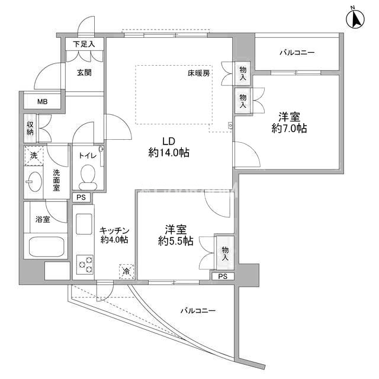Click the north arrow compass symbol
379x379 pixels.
(355, 20)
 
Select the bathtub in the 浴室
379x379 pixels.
(48, 247)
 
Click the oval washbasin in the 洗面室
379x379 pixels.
(34, 182)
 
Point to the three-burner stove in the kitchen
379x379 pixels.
(85, 264)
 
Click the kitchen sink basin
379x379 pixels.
(84, 224)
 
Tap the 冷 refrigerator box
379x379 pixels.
(126, 272)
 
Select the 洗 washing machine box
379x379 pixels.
(34, 156)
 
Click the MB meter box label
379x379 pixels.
(42, 102)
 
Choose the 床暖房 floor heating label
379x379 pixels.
(199, 73)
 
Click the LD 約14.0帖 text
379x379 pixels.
(169, 147)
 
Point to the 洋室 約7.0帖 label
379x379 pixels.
(289, 123)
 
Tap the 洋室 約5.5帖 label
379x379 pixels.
(176, 235)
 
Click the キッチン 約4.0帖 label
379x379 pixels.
(114, 235)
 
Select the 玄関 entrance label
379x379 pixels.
(84, 72)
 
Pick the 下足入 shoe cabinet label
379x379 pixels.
(84, 44)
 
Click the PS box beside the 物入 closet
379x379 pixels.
(223, 276)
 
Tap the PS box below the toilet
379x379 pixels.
(81, 197)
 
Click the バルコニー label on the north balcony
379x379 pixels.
(297, 53)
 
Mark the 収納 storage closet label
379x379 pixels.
(30, 129)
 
